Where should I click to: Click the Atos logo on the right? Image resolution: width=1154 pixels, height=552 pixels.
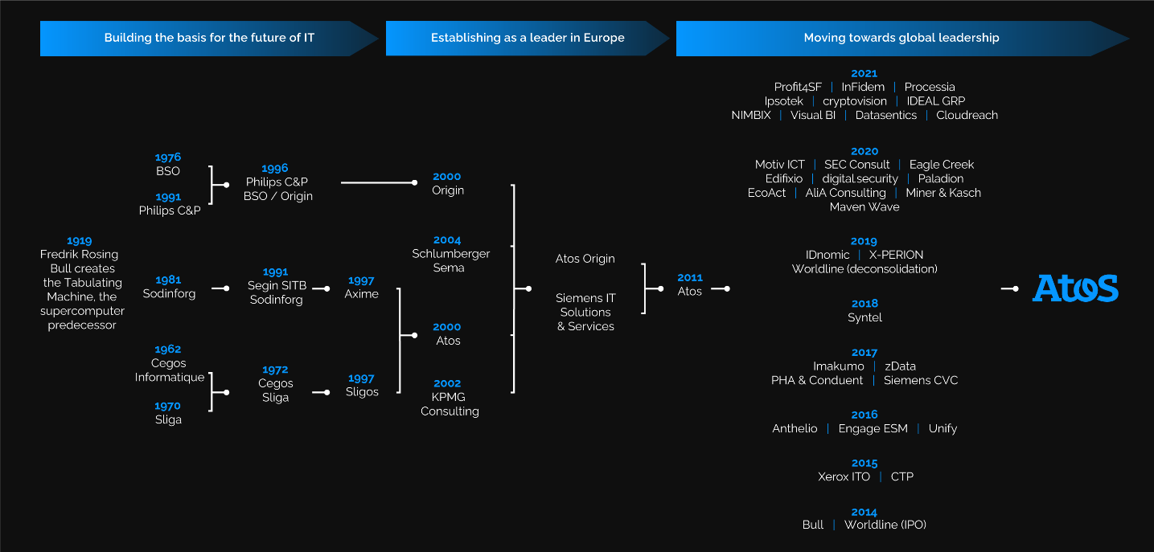1074,288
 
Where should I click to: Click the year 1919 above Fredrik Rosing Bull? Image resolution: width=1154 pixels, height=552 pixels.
79,240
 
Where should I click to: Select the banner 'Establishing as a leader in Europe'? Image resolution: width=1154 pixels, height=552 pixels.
527,38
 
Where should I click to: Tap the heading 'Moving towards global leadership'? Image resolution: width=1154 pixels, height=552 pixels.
901,38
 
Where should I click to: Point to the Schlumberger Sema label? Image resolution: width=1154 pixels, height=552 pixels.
450,260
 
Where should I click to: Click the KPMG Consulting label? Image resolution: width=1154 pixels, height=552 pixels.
450,403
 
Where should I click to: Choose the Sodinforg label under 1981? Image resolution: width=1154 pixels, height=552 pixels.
169,293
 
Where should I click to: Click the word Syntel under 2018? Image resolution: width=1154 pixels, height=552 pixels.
864,317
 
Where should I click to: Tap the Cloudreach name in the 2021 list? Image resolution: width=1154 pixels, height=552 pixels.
967,115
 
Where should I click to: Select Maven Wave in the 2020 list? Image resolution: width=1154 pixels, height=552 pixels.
864,206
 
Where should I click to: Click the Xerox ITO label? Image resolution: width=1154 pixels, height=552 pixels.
844,476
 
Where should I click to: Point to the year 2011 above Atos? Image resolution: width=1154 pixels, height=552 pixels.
689,277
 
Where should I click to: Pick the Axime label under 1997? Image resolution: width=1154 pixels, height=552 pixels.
361,294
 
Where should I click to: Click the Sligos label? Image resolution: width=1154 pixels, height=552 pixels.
362,391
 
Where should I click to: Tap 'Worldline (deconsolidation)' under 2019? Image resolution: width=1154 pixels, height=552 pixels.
864,268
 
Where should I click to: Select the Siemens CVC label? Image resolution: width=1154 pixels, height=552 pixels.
921,380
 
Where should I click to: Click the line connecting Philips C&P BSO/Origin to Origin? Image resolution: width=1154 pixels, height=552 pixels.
376,182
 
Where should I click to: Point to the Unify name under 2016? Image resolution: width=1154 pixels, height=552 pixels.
943,428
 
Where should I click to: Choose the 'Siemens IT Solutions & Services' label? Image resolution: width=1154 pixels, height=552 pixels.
585,312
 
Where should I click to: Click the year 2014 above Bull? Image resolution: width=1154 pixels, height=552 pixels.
864,512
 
